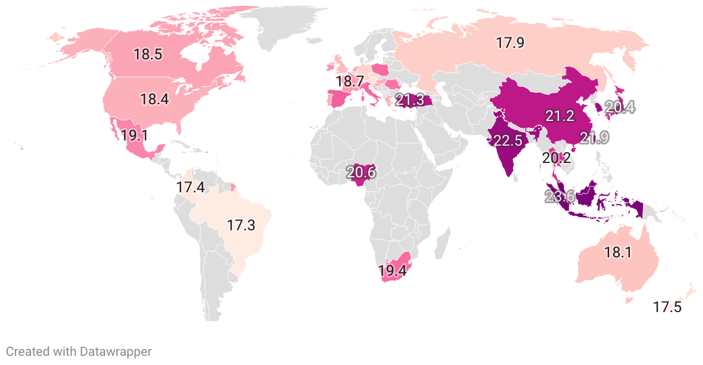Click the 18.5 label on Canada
click(148, 55)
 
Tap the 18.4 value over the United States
click(154, 99)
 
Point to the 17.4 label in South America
click(191, 187)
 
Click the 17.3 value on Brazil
click(241, 225)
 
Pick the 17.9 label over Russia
click(510, 42)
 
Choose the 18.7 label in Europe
click(350, 82)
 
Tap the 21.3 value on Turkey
click(410, 100)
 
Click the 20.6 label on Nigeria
click(361, 172)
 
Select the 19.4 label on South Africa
click(392, 270)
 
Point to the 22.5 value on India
click(508, 140)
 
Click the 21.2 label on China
click(560, 116)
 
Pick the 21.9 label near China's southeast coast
click(594, 138)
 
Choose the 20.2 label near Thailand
click(557, 157)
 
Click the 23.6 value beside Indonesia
click(560, 196)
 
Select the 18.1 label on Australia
click(618, 252)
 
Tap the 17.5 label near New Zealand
click(667, 307)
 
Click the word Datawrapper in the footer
click(116, 351)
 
